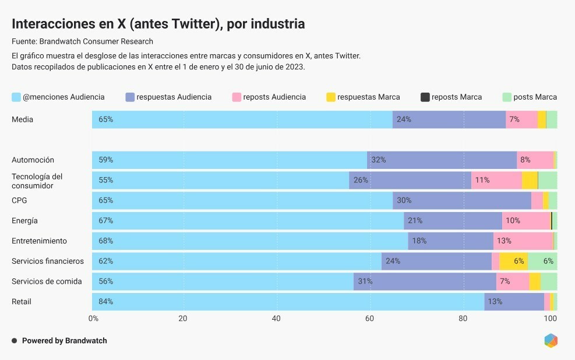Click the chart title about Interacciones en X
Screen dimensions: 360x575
point(158,24)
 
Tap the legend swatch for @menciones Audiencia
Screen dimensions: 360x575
point(16,97)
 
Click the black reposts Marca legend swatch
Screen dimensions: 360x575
point(425,97)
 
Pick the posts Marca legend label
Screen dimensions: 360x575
point(535,97)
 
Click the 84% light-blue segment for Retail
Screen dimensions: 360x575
point(288,302)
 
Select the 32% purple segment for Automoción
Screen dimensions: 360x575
point(442,160)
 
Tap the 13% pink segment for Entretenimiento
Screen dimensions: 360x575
point(523,241)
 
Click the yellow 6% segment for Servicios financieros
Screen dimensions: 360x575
point(513,261)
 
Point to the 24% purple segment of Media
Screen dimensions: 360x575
point(449,119)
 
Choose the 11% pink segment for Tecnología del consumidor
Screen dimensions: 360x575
point(496,180)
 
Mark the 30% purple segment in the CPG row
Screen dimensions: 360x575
point(461,200)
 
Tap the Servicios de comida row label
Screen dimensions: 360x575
point(47,281)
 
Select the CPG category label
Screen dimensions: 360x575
point(19,200)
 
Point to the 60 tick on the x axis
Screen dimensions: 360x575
point(369,319)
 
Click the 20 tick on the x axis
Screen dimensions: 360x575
point(183,319)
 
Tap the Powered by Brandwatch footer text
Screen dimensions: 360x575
point(64,341)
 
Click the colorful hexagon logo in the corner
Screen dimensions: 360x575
point(551,341)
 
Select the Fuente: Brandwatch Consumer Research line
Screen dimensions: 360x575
point(82,41)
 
